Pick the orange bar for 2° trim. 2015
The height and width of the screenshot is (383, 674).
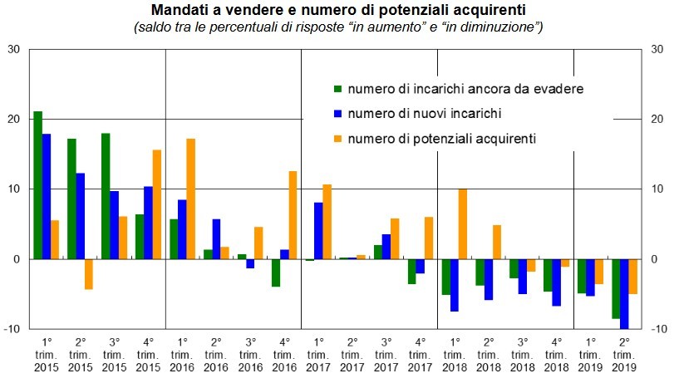point(89,273)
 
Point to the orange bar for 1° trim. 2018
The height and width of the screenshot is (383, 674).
point(463,223)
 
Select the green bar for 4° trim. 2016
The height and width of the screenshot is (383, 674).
point(276,273)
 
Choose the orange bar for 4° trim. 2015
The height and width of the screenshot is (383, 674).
point(157,204)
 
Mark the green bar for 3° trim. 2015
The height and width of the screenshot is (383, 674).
point(106,196)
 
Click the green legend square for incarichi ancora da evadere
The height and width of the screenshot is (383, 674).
point(337,88)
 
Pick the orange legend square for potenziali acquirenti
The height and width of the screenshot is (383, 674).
point(337,138)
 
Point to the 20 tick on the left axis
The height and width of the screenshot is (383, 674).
point(13,119)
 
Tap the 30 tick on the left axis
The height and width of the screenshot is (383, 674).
point(13,49)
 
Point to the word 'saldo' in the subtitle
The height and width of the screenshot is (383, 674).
point(154,28)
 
